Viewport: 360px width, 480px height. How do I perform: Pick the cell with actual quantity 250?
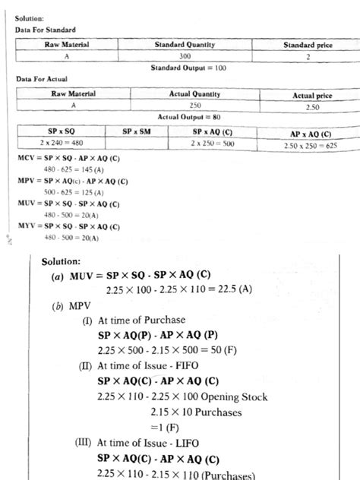coord(194,106)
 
